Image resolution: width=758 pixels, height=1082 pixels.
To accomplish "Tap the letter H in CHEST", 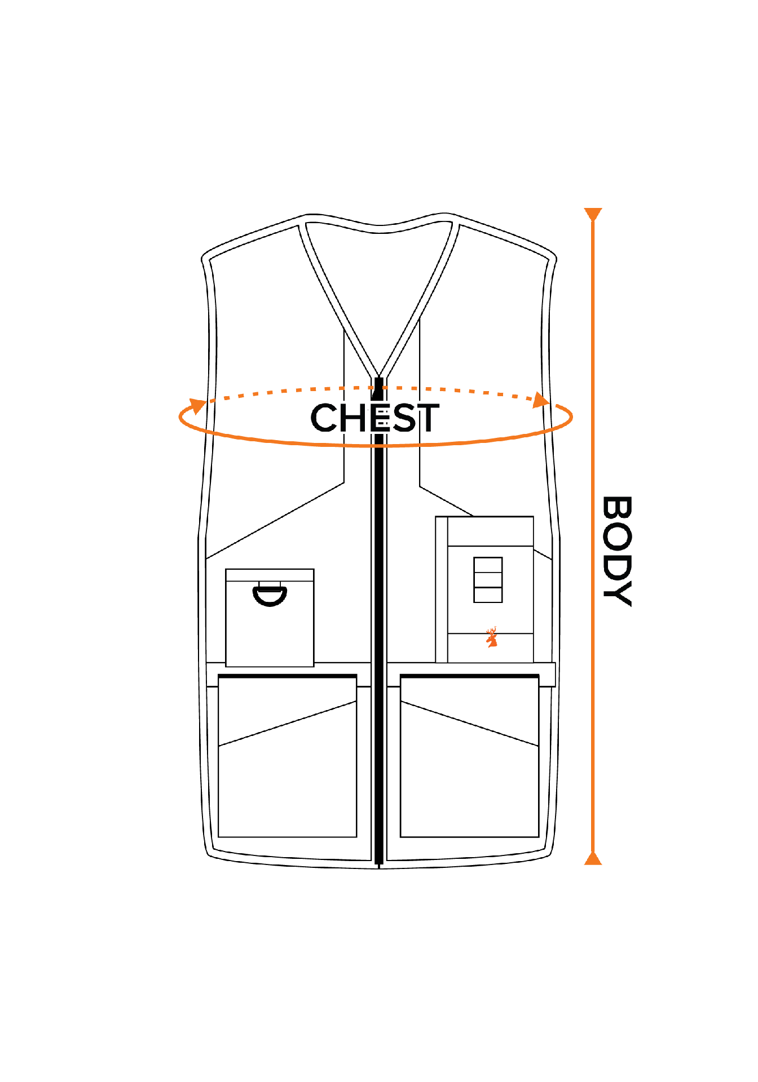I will click(x=353, y=418).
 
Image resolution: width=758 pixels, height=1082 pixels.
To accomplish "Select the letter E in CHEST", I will click(x=380, y=418).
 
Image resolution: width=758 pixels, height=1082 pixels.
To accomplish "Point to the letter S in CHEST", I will click(x=403, y=418).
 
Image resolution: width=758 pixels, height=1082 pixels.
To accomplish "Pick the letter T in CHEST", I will click(x=428, y=418).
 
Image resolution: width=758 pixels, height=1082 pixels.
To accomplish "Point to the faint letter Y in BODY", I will click(x=616, y=593).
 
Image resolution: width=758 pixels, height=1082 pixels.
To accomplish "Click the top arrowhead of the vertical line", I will click(x=593, y=214).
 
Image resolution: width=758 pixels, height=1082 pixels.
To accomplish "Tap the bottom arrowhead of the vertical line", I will click(x=593, y=859).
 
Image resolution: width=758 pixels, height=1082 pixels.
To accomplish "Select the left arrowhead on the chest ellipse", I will click(x=197, y=405).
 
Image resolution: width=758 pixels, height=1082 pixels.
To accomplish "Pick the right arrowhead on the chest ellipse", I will click(x=541, y=400).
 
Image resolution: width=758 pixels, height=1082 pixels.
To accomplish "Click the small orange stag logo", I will click(x=492, y=638).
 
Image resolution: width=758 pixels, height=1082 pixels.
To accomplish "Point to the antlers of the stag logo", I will click(x=492, y=631).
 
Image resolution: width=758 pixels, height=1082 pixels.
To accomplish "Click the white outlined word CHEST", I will click(x=375, y=418).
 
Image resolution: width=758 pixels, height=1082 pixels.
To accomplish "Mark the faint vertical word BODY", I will click(x=616, y=551).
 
